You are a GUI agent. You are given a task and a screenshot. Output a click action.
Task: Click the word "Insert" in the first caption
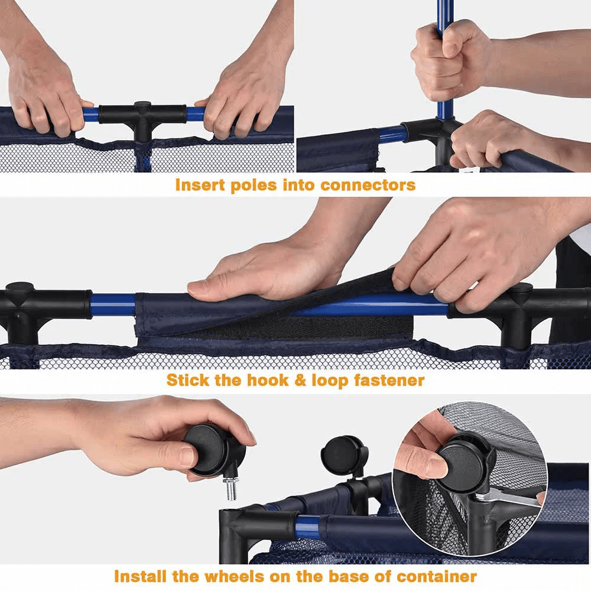tap(200, 185)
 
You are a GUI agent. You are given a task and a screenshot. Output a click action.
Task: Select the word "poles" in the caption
tap(254, 186)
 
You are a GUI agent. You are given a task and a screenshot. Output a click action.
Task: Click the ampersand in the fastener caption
tap(300, 380)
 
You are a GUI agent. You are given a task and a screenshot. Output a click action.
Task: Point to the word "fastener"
tap(389, 380)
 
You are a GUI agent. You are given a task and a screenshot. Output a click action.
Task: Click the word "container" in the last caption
tap(437, 577)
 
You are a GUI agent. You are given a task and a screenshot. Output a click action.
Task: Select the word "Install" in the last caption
tap(140, 577)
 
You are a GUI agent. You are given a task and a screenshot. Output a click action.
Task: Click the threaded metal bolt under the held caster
tap(231, 489)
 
